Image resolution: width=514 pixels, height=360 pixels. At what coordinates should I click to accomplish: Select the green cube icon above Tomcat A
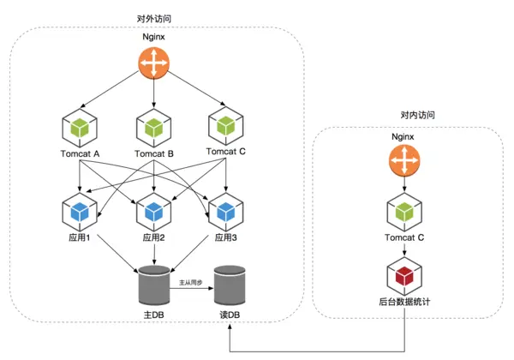[79, 127]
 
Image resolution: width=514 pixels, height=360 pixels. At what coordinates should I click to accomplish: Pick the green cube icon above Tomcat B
[153, 127]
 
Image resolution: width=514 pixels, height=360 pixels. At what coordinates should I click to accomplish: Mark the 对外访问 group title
[153, 18]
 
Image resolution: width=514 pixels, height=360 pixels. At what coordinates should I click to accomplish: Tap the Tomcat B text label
[153, 154]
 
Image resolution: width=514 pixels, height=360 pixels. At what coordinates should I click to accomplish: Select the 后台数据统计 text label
[403, 303]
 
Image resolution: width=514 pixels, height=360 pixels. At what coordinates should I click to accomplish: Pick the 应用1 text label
[79, 237]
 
